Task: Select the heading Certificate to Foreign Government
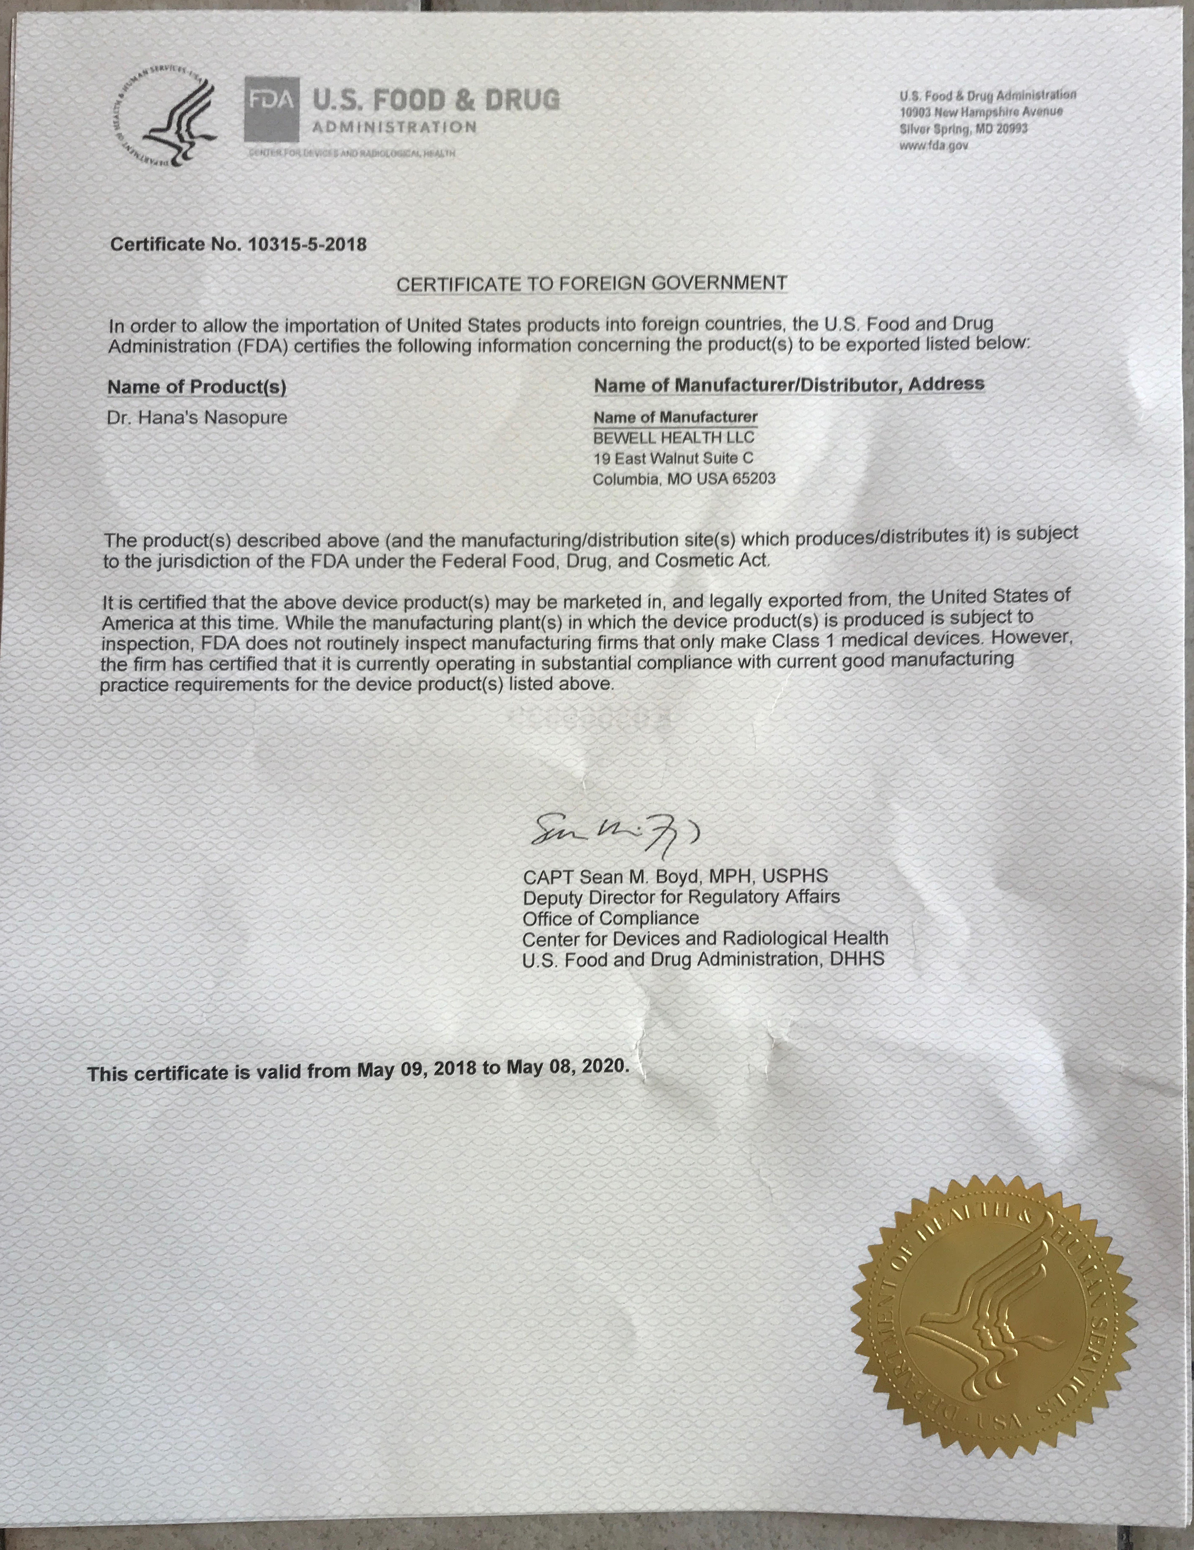pos(591,283)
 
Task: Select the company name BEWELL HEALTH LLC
pos(674,438)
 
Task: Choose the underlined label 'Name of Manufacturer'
pos(675,417)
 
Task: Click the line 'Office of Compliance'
pos(611,918)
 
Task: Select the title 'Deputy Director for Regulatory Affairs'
pos(681,897)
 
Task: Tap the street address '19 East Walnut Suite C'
pos(673,459)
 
